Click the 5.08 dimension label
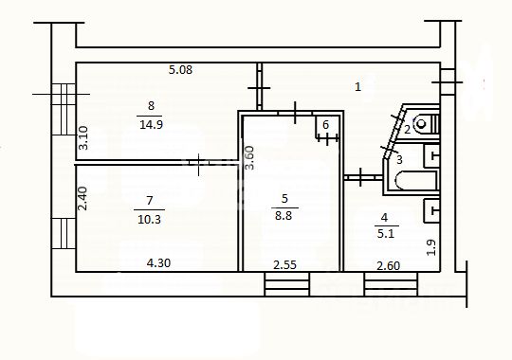point(180,69)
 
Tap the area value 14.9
point(151,124)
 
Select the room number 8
point(151,106)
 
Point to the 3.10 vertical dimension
point(83,137)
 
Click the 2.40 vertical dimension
point(82,198)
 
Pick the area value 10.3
point(149,219)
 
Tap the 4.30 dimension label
point(158,262)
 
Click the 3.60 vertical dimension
point(249,157)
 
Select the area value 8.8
point(283,215)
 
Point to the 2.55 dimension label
point(284,265)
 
